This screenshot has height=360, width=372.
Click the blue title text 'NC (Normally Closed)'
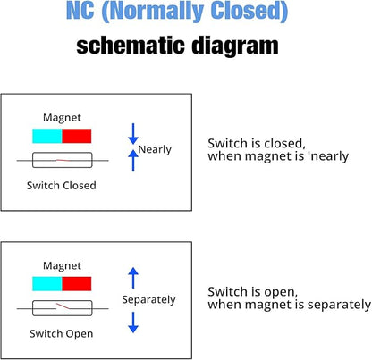point(177,12)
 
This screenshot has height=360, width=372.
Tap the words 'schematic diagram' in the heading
point(177,46)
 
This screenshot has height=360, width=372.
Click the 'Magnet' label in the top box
point(62,118)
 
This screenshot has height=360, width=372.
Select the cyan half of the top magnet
point(47,136)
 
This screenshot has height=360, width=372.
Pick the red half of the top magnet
point(77,136)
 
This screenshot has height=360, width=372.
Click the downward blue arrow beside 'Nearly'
point(133,134)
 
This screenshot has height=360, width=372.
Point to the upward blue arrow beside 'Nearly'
point(133,160)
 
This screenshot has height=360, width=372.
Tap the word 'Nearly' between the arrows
point(155,149)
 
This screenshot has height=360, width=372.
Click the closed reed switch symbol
point(63,160)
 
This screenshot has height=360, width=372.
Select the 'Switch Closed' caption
point(62,186)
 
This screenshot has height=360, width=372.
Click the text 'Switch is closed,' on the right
point(257,143)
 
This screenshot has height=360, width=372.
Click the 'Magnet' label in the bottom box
point(62,265)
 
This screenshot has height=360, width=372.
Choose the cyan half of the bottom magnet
point(47,284)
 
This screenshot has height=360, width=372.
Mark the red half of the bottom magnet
point(77,284)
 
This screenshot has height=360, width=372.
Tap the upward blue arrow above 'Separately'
point(133,278)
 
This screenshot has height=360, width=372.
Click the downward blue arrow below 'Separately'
point(133,322)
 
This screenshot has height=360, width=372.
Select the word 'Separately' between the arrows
point(148,299)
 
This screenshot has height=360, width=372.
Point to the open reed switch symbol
point(63,308)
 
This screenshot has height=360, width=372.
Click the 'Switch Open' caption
point(62,333)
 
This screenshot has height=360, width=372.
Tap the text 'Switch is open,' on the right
point(253,291)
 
